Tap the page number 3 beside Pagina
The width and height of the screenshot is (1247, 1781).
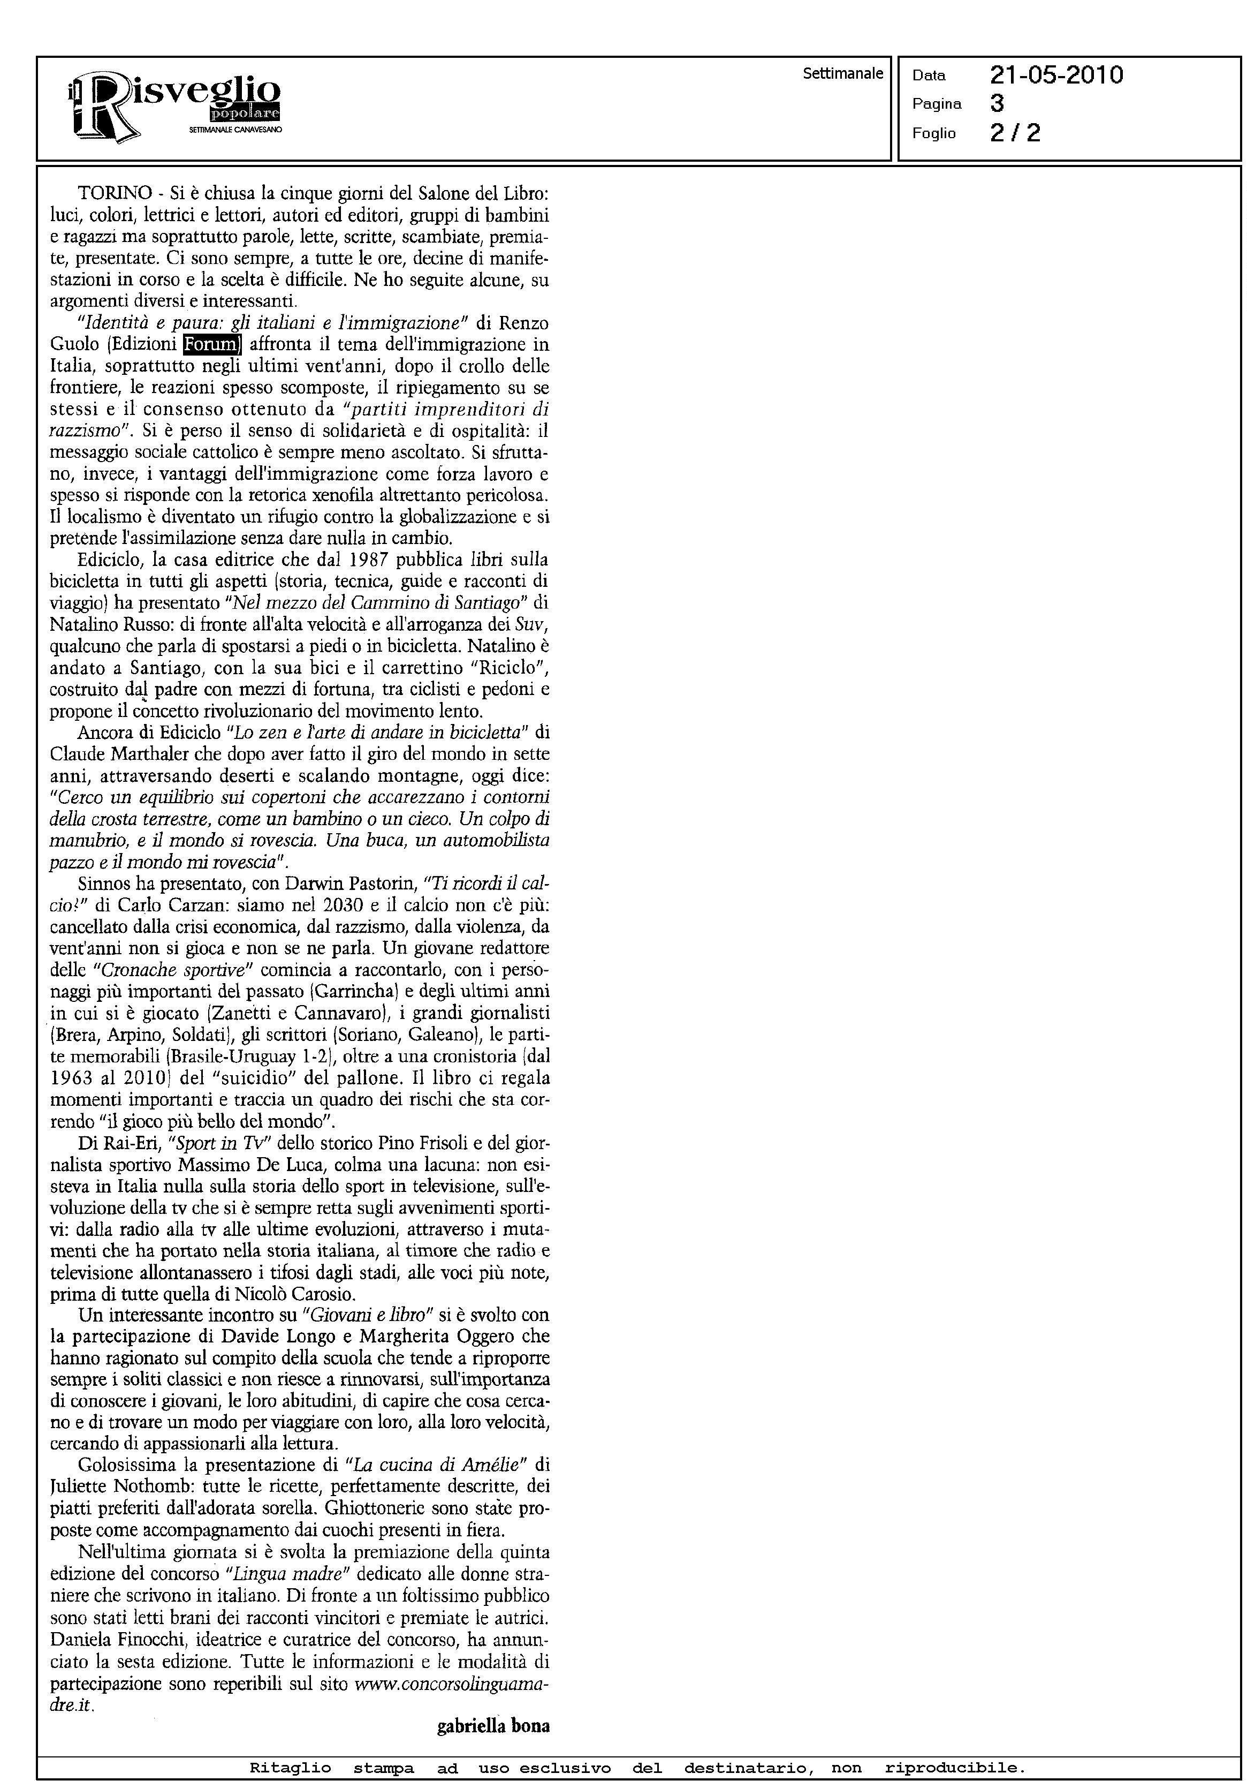pos(997,103)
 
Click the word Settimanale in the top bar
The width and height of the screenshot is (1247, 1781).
pos(843,74)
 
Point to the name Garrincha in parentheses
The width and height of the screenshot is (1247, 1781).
pos(358,991)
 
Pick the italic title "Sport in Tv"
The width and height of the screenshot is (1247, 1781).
pos(206,1143)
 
